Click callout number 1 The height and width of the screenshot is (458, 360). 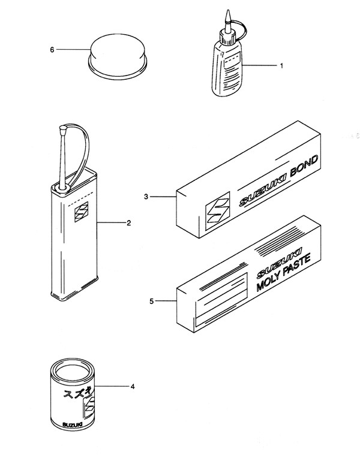[281, 66]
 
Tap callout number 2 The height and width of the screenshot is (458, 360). [128, 223]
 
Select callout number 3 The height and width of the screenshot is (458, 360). [146, 197]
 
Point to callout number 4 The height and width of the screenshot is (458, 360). [133, 387]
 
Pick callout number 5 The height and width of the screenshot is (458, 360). [151, 301]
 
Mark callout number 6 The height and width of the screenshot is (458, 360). [52, 50]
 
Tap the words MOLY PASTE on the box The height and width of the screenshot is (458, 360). [283, 273]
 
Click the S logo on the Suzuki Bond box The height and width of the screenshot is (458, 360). [217, 211]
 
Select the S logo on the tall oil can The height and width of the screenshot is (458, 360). [81, 212]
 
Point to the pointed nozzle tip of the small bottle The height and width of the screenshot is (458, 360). [228, 11]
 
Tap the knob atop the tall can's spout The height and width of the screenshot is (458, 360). [63, 128]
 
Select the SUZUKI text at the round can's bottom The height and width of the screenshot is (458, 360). [72, 424]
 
